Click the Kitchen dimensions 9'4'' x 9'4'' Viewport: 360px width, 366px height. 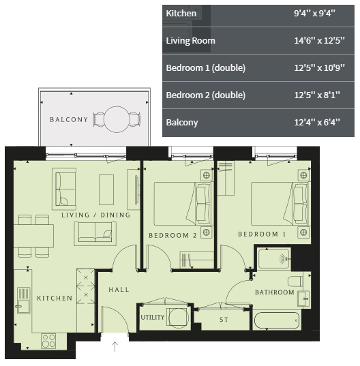(x=314, y=13)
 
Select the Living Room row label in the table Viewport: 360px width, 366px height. (x=190, y=41)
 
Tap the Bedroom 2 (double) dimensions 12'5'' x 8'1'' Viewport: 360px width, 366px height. (x=317, y=95)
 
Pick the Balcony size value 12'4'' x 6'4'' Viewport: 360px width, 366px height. (x=317, y=122)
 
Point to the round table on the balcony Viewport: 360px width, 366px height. (x=117, y=119)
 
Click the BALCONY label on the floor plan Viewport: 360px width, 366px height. (x=69, y=119)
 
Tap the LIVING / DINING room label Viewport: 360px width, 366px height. (x=95, y=215)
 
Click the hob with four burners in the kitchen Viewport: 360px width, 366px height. (x=48, y=341)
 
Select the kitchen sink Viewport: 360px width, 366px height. (x=23, y=301)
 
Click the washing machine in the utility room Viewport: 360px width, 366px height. (x=179, y=318)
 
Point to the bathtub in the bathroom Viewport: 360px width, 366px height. (x=276, y=320)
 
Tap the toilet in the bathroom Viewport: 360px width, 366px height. (x=295, y=281)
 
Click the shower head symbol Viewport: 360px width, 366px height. (x=284, y=259)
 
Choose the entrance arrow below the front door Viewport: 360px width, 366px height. (x=115, y=347)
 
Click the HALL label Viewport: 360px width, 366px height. (x=119, y=290)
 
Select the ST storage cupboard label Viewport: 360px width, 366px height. (x=224, y=320)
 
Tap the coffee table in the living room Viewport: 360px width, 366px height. (x=106, y=189)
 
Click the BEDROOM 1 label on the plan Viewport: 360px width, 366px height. (x=262, y=234)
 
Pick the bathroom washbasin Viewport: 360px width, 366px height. (x=303, y=299)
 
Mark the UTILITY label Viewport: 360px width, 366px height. (x=153, y=318)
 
